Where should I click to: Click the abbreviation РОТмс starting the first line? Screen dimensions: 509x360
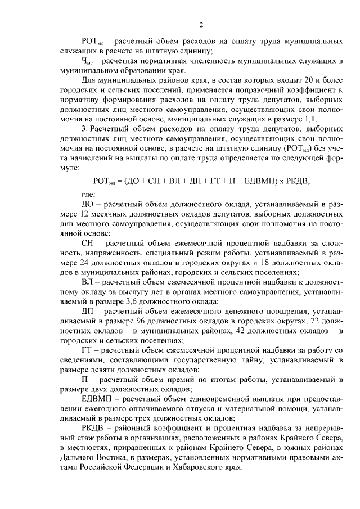pos(92,42)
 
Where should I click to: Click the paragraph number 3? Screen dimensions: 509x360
pos(83,129)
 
